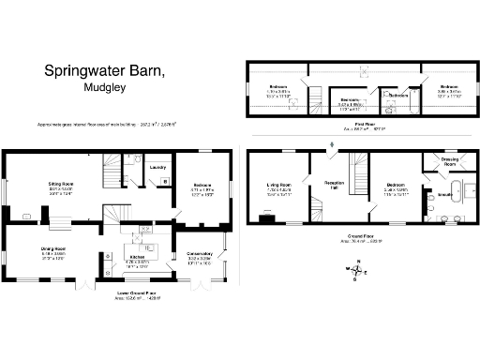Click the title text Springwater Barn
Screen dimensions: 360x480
coord(105,71)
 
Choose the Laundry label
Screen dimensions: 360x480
coord(157,168)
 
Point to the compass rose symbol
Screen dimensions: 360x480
coord(356,273)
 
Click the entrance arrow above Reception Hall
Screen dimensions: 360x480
coord(330,143)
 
